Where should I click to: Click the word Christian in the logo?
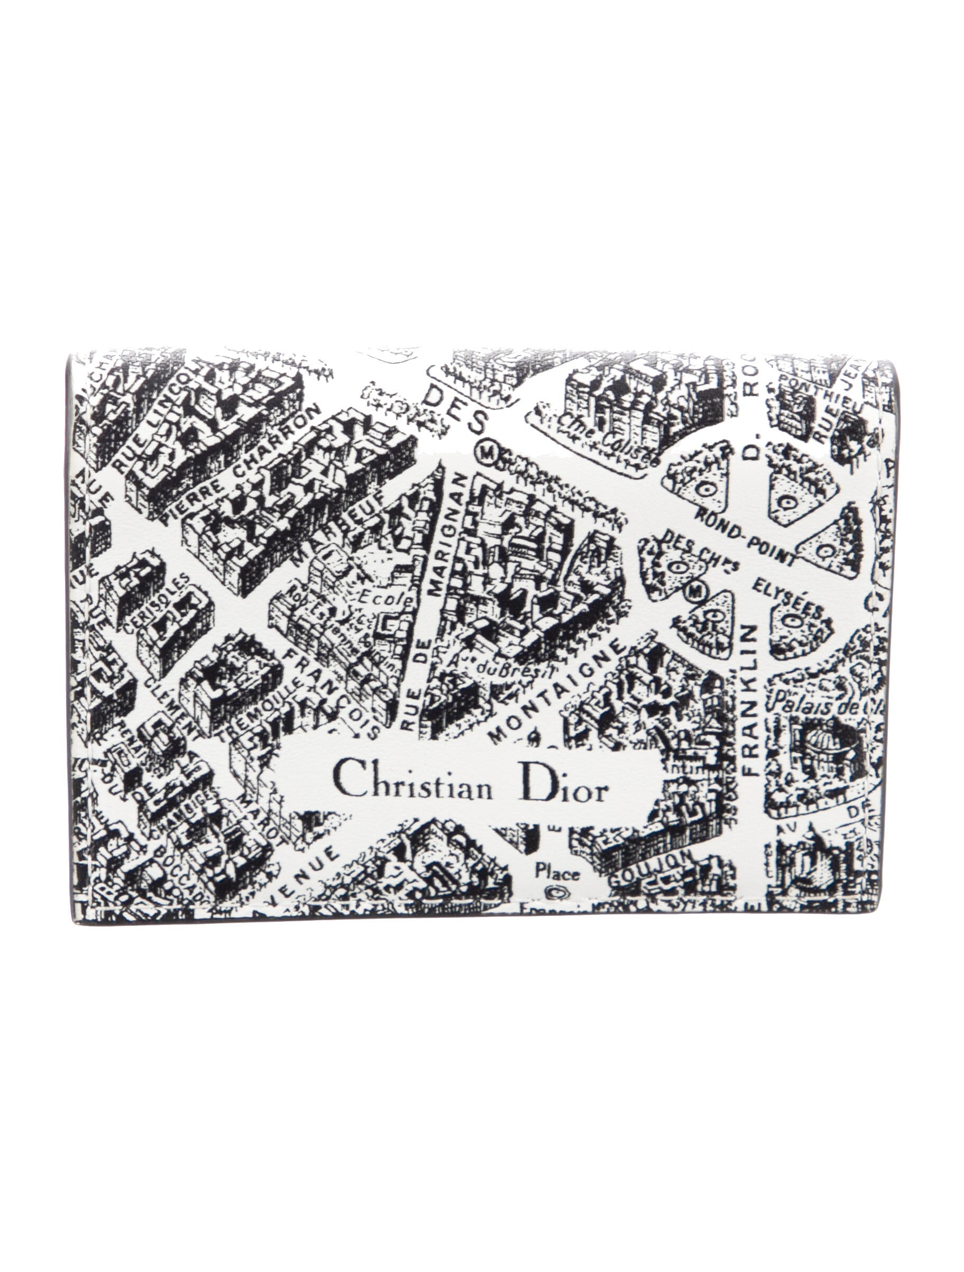[x=413, y=786]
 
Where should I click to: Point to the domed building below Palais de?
[x=819, y=745]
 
